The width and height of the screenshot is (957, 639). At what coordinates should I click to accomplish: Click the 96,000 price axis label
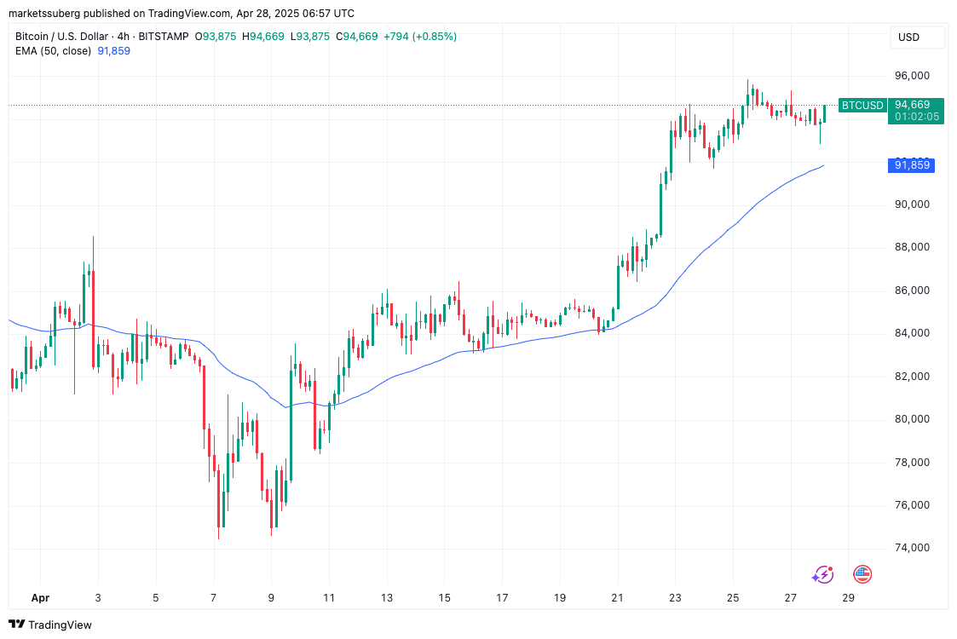[x=911, y=76]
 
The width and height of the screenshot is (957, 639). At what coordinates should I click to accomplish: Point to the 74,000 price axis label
[x=911, y=548]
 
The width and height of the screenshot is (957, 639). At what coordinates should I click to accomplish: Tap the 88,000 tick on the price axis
[x=911, y=247]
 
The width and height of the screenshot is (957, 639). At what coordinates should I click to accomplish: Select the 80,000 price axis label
[x=911, y=419]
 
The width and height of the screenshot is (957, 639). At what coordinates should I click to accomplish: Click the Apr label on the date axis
[x=39, y=598]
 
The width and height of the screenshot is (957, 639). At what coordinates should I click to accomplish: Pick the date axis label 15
[x=444, y=598]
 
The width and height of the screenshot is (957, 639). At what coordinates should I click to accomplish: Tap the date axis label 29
[x=848, y=598]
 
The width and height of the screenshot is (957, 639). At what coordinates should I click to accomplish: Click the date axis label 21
[x=617, y=598]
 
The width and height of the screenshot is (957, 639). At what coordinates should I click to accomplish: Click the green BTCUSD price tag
[x=862, y=106]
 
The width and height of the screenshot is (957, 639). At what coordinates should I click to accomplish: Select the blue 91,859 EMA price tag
[x=911, y=165]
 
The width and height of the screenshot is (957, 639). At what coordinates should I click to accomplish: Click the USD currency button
[x=909, y=37]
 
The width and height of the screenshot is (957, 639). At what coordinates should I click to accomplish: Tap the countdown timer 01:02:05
[x=917, y=117]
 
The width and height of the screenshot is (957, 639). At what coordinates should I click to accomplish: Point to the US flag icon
[x=862, y=574]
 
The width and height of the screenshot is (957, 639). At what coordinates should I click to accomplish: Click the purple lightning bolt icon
[x=822, y=575]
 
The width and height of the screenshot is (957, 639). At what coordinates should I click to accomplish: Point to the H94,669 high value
[x=263, y=37]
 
